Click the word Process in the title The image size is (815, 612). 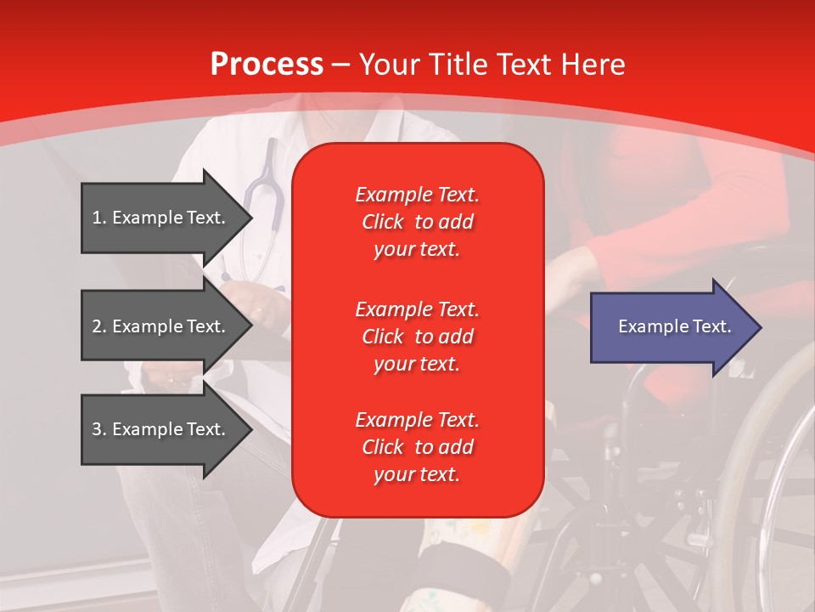click(267, 65)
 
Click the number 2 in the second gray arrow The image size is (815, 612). click(97, 326)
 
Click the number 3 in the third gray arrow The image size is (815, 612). click(97, 429)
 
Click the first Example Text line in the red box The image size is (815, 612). click(417, 195)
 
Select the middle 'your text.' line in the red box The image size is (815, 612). click(417, 364)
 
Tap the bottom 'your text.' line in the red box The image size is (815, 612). click(417, 474)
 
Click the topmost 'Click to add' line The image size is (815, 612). click(417, 222)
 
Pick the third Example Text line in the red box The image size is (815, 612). click(417, 420)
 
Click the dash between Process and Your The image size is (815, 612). click(340, 65)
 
